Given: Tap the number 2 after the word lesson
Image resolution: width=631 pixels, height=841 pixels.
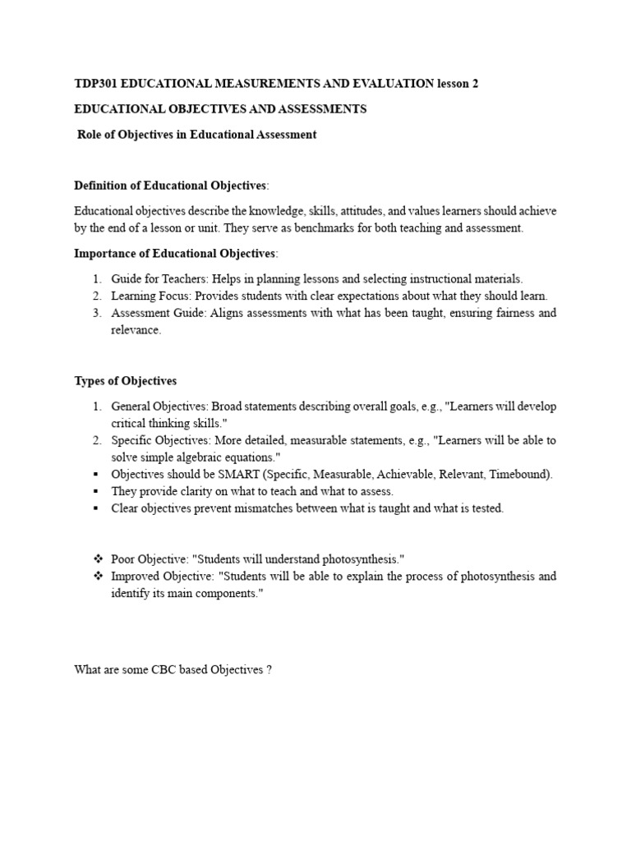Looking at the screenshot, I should (x=475, y=83).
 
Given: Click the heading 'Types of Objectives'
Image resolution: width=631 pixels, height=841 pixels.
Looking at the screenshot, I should (x=126, y=380).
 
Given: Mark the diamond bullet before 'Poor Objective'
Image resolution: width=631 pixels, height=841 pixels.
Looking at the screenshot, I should (x=97, y=559).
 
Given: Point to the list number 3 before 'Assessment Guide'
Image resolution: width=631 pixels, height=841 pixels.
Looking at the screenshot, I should (x=95, y=313).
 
